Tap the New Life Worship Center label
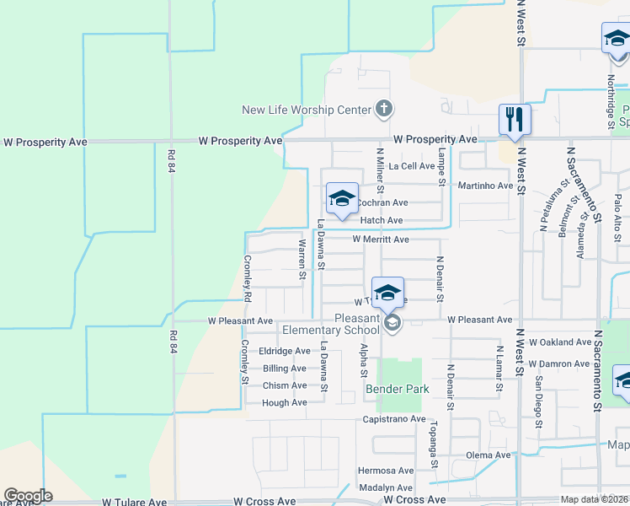click(x=307, y=110)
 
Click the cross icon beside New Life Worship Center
click(x=383, y=109)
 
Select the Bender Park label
click(x=398, y=389)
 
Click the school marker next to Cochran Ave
click(x=342, y=199)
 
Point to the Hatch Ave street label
click(x=382, y=220)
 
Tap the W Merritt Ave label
click(x=381, y=240)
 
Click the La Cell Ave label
click(x=411, y=166)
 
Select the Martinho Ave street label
click(x=484, y=186)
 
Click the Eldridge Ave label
click(x=285, y=351)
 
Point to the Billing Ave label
click(x=285, y=369)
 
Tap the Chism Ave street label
click(x=285, y=385)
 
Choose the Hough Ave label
click(x=285, y=403)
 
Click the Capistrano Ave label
click(x=394, y=418)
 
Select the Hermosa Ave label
click(x=386, y=471)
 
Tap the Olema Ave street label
click(x=489, y=455)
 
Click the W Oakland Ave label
click(x=560, y=342)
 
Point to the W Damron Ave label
click(x=559, y=363)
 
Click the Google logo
click(x=28, y=496)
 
